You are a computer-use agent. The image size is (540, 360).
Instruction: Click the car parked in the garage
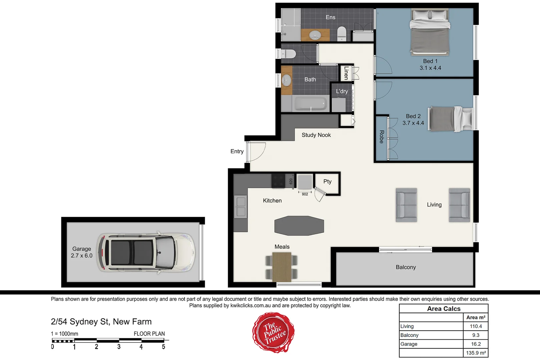146,253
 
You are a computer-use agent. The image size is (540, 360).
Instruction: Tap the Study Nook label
316,135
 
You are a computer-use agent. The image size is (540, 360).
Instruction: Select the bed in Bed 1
430,32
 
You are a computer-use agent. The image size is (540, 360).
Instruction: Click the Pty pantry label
327,181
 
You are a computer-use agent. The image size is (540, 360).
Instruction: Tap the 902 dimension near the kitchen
305,194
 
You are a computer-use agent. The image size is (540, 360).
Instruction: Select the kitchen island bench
299,226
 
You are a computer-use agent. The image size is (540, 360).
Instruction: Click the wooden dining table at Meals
282,266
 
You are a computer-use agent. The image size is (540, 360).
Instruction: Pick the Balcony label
406,267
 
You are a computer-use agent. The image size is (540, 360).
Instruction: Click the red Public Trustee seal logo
274,332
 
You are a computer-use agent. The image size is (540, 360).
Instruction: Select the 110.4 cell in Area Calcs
476,326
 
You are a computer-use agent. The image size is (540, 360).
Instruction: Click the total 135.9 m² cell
476,353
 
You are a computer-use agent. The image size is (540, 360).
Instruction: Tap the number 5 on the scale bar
163,347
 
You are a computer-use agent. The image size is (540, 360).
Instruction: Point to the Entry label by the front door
237,151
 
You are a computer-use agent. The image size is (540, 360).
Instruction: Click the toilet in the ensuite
342,34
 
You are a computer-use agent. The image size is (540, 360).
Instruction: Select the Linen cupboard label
346,73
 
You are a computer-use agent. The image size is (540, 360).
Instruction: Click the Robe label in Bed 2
382,137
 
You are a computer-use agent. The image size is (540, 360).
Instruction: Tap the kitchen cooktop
278,181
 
